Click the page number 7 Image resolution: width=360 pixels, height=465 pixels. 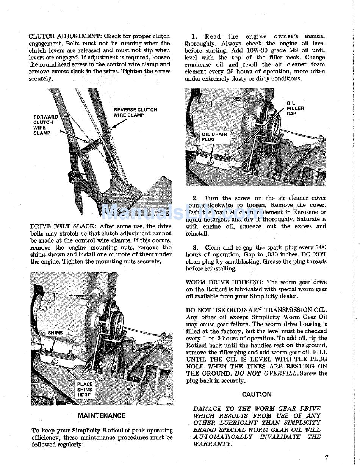pyautogui.click(x=327, y=457)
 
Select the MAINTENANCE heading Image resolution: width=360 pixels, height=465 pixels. pyautogui.click(x=102, y=415)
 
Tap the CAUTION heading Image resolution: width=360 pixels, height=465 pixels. pyautogui.click(x=257, y=395)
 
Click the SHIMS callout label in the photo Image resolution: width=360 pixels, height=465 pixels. pyautogui.click(x=55, y=333)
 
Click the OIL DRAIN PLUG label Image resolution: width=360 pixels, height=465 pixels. pyautogui.click(x=214, y=137)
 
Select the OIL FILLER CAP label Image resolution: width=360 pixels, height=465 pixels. pyautogui.click(x=295, y=108)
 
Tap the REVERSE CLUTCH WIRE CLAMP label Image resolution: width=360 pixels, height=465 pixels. pyautogui.click(x=135, y=112)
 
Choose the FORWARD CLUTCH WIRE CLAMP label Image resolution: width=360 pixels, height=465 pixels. pyautogui.click(x=45, y=125)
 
